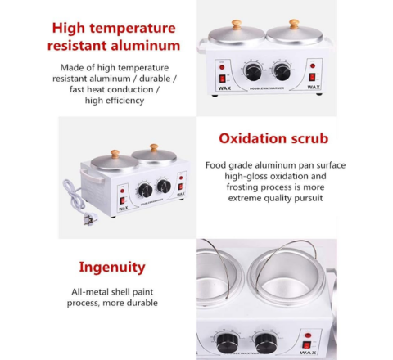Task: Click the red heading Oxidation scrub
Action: [273, 138]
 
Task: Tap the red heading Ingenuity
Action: [112, 268]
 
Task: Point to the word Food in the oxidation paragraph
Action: [215, 165]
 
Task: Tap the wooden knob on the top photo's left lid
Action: [237, 25]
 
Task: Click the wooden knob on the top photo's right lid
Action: [294, 24]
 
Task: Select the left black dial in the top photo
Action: [253, 72]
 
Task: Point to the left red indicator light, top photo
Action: [222, 67]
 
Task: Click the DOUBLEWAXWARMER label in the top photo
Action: [267, 88]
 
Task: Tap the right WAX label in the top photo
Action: [314, 87]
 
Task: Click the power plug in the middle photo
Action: [90, 218]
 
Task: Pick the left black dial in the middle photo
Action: [145, 191]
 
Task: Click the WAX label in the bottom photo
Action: [308, 353]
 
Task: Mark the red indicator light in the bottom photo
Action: [309, 336]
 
